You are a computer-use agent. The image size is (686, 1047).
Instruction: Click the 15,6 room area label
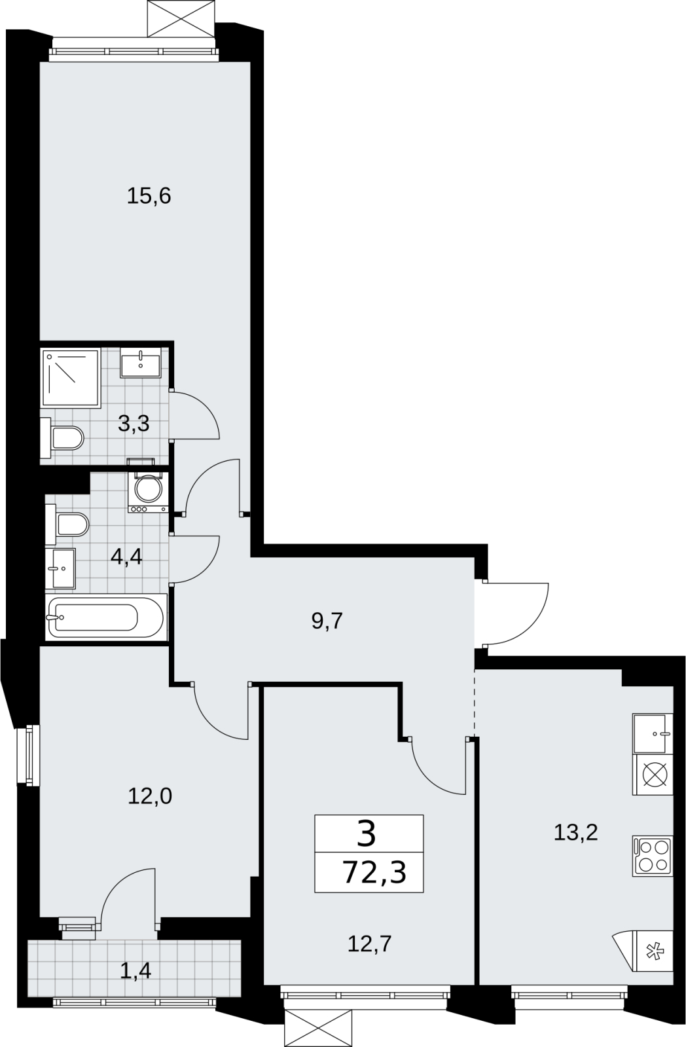(149, 196)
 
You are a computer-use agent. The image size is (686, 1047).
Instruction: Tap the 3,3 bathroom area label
(134, 424)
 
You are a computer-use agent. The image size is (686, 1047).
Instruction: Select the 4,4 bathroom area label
(126, 557)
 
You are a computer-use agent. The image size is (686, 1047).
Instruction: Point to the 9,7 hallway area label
(327, 621)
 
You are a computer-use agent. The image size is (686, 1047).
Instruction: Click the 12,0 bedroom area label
(150, 796)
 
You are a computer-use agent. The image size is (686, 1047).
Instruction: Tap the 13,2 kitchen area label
(576, 832)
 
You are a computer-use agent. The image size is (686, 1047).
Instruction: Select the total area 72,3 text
(374, 872)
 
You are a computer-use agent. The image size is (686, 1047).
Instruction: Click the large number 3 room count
(367, 836)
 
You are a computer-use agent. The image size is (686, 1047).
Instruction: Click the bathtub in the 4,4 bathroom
(106, 617)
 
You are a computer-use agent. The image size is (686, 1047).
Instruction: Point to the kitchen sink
(653, 733)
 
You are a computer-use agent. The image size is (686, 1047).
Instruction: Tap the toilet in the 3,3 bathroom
(62, 438)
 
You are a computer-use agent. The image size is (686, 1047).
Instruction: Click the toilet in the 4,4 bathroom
(67, 525)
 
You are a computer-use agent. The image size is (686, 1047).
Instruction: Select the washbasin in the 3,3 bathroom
(140, 362)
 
